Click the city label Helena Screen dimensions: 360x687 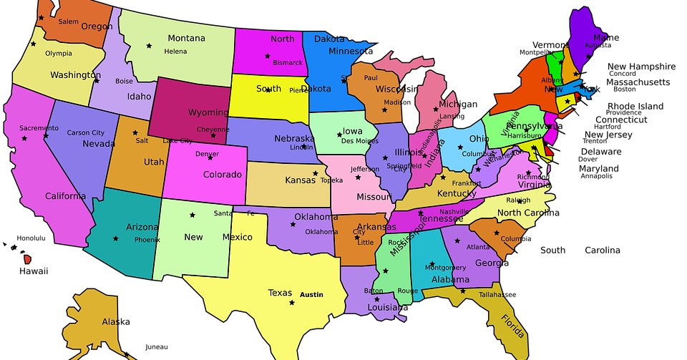175,52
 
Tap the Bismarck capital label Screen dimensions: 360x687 287,62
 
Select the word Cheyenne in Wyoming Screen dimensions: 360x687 213,130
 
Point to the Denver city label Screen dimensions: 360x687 207,154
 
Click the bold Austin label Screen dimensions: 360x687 311,294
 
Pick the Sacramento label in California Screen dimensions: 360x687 39,128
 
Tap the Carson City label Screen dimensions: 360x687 85,132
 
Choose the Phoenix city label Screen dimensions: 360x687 147,240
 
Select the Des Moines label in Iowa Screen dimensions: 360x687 359,141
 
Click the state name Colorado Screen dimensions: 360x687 222,174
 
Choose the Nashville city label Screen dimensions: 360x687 454,212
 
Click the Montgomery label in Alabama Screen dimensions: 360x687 445,267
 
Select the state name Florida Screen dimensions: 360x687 513,326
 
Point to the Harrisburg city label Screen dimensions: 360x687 525,135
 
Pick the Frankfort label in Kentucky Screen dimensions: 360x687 466,183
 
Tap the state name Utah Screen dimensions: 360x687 154,162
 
